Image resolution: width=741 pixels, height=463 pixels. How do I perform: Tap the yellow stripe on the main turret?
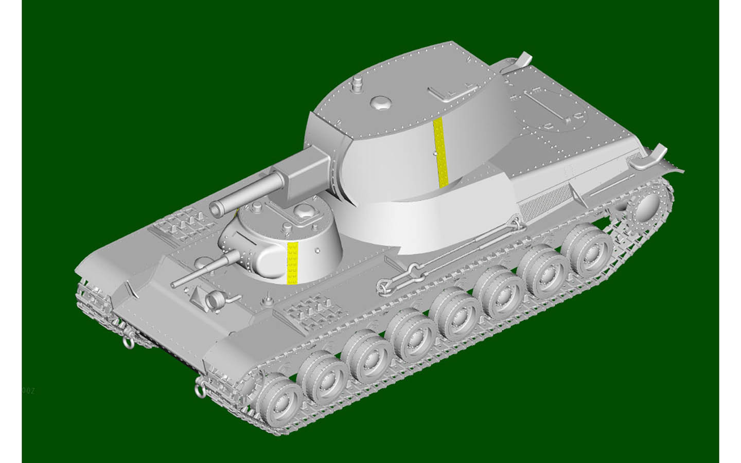click(440, 151)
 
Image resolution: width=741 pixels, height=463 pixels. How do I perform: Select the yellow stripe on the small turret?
click(292, 262)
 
